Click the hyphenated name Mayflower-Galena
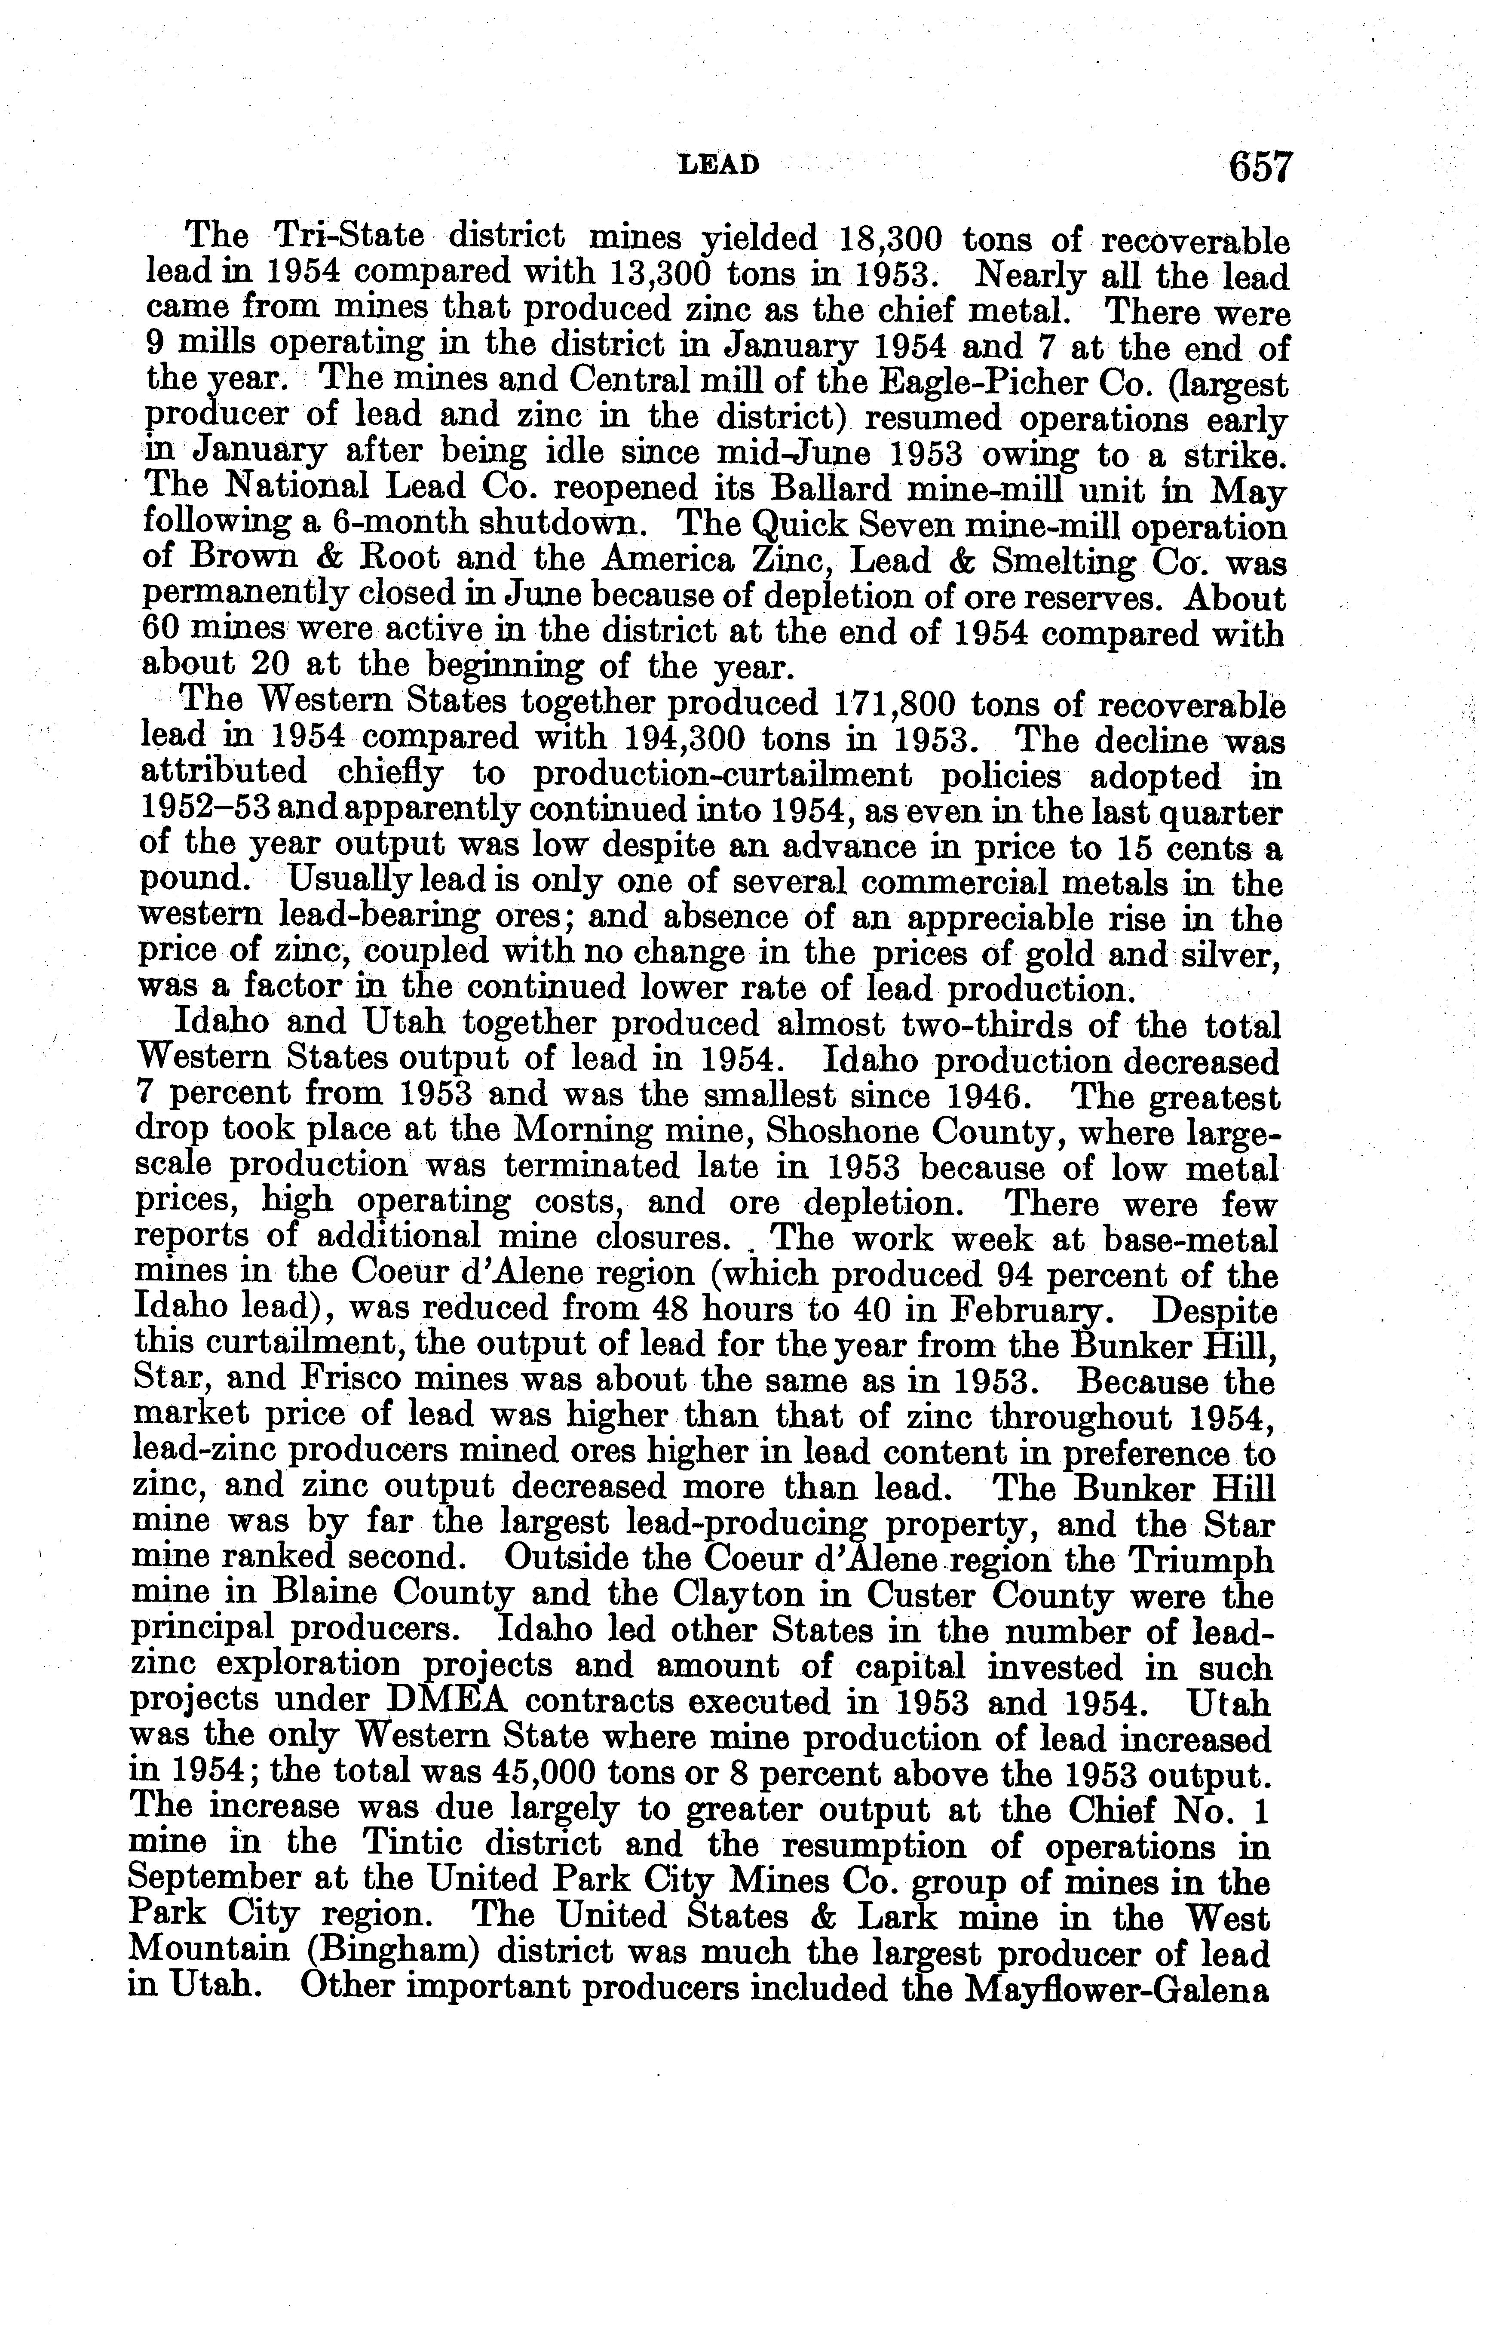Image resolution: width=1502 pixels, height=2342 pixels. tap(1115, 1989)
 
